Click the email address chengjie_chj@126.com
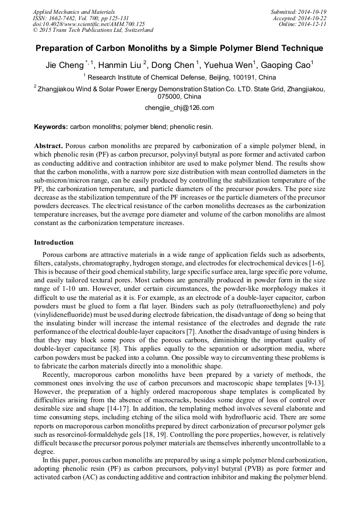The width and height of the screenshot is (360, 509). coord(179,107)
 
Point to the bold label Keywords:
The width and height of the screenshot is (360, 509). coord(51,127)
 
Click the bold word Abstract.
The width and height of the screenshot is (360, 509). coord(48,145)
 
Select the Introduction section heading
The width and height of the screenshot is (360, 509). coord(54,243)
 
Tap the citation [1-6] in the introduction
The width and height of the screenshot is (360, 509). coord(316,264)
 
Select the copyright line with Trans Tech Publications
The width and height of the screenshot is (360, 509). coord(93,31)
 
